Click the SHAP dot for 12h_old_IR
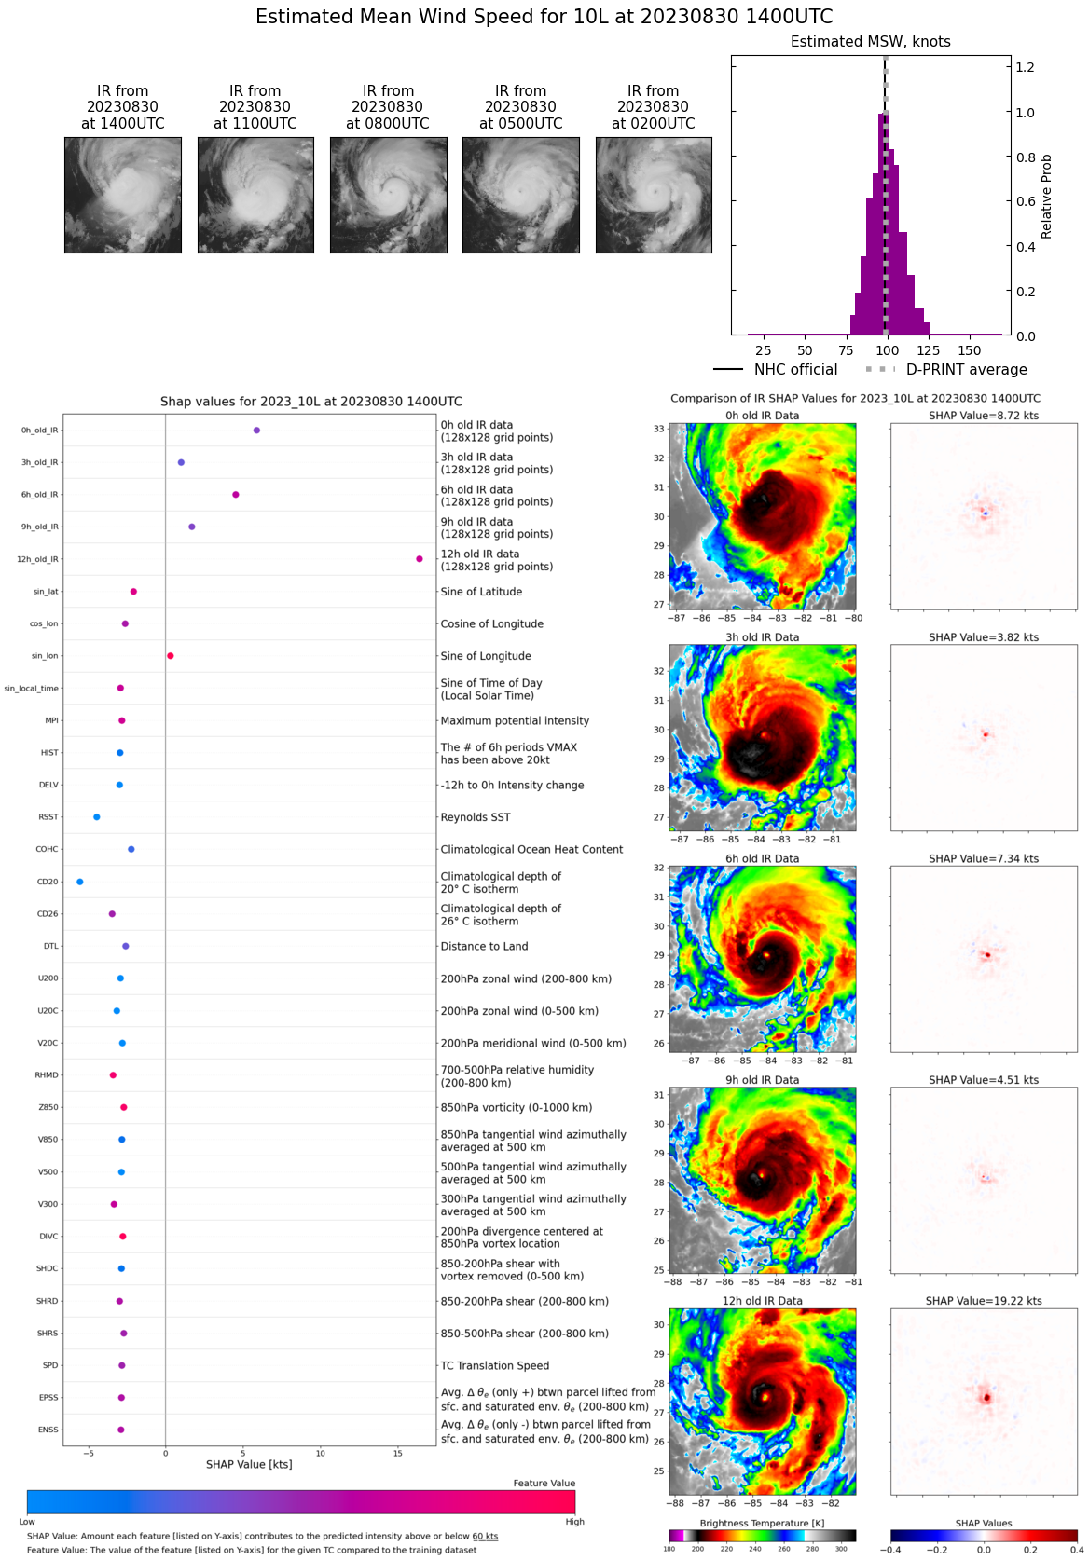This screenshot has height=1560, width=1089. [420, 559]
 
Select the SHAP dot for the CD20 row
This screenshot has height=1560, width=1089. [79, 882]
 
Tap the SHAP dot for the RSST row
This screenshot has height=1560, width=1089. [97, 817]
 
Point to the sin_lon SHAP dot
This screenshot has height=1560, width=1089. [171, 656]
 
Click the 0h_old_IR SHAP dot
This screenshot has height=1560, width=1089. [256, 431]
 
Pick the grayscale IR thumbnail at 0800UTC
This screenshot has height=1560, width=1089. [388, 195]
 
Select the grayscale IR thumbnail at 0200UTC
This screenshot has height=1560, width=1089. [654, 195]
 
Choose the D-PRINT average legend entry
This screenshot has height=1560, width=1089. [946, 370]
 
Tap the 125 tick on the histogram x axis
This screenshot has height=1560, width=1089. [928, 350]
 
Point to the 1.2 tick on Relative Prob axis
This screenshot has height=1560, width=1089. [1025, 67]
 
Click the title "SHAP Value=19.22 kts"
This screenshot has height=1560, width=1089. [984, 1301]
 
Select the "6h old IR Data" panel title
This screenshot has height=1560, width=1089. [762, 859]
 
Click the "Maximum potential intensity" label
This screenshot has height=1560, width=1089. [515, 721]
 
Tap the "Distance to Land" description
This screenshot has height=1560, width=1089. [484, 947]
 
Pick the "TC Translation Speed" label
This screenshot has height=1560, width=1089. [494, 1366]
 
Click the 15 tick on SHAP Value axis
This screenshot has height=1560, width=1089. [397, 1453]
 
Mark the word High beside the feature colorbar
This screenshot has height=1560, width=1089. [574, 1522]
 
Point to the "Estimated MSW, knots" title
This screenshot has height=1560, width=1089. [870, 42]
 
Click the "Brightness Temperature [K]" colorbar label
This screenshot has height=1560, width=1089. [762, 1524]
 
